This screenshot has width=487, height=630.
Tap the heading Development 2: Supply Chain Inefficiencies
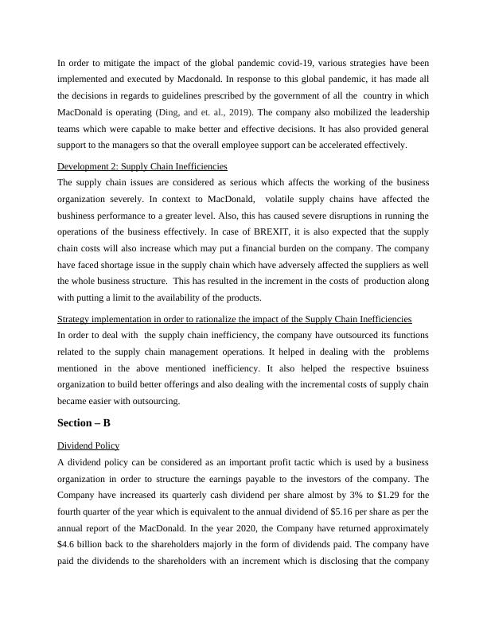coord(142,166)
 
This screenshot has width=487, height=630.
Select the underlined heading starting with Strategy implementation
coord(235,318)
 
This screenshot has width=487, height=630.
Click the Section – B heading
coord(84,423)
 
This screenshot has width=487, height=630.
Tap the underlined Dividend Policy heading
coord(88,445)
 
